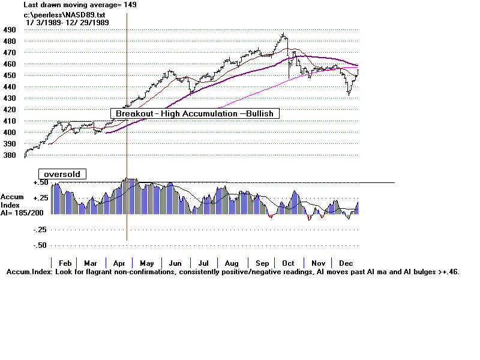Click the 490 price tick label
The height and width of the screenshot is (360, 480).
(x=9, y=29)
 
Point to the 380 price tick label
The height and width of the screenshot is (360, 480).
(x=9, y=154)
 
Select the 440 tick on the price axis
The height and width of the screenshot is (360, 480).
(x=9, y=86)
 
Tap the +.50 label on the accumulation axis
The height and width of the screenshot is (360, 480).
(x=40, y=182)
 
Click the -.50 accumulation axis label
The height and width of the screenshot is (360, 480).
(x=40, y=245)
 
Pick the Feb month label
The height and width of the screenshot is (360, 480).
(x=65, y=263)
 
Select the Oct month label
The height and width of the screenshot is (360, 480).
(x=289, y=263)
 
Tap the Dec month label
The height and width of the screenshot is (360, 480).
(x=346, y=263)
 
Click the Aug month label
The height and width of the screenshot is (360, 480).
(x=232, y=263)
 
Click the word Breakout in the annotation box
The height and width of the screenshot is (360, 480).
(x=133, y=113)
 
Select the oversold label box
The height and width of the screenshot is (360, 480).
(x=62, y=174)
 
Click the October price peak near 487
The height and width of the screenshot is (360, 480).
(x=283, y=34)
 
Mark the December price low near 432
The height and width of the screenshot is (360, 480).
(x=349, y=94)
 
